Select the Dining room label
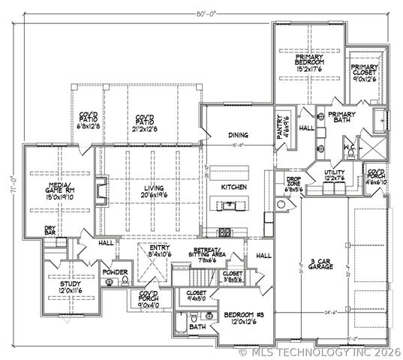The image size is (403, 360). pos(238,135)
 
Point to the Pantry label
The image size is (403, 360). pos(284,122)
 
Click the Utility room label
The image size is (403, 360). pos(334,176)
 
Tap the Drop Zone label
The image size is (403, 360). pos(294,184)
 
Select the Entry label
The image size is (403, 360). pos(160,251)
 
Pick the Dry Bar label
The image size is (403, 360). pos(51,230)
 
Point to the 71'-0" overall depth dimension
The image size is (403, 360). pos(13,179)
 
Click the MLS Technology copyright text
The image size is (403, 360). pos(319,350)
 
